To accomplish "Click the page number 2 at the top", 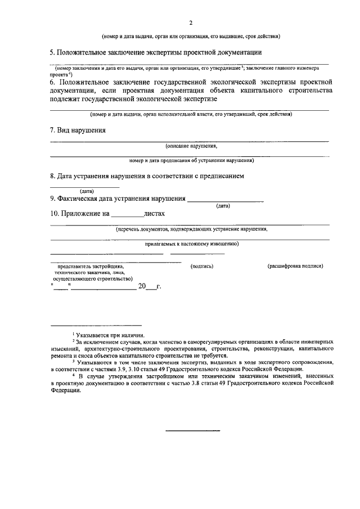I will [191, 22].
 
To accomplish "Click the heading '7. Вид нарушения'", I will [78, 130].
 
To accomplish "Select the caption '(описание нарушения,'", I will [191, 146].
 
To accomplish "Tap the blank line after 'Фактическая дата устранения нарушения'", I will [225, 198].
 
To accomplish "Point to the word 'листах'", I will [154, 214].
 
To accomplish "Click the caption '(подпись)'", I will [202, 265].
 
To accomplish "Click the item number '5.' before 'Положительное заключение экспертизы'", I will [53, 52].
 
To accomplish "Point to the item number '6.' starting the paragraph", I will [53, 82].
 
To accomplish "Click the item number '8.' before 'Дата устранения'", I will [53, 176].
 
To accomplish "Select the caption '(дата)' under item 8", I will [87, 191].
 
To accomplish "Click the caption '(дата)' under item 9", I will [223, 206].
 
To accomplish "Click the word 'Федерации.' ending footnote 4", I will [66, 394].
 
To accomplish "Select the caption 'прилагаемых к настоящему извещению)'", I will [191, 244].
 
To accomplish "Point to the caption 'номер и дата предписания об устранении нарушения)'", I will [191, 160].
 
